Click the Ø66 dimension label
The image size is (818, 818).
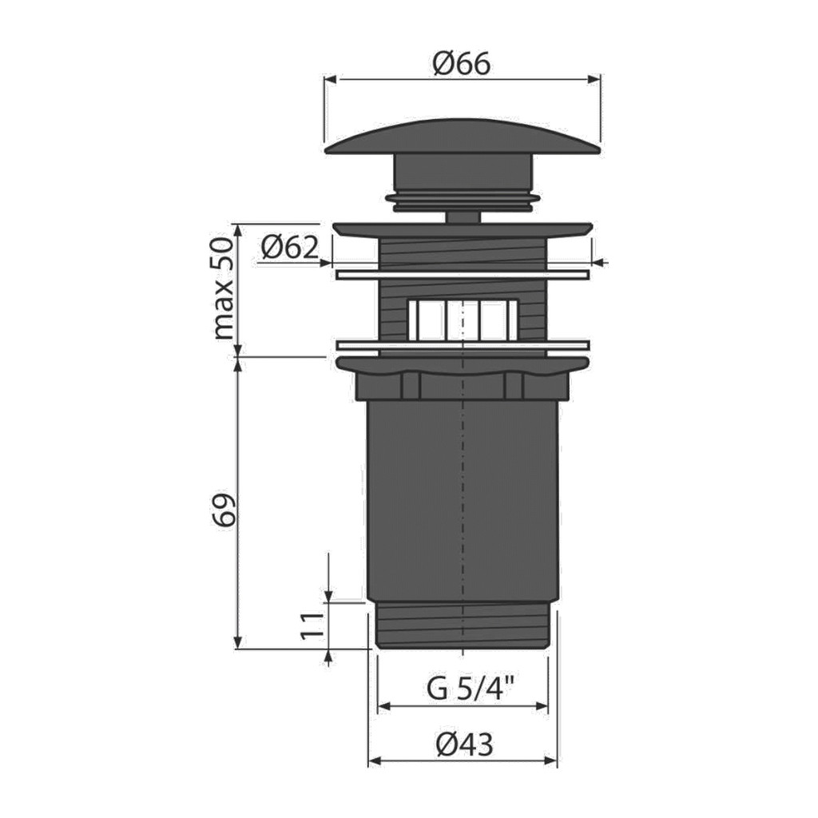pyautogui.click(x=462, y=65)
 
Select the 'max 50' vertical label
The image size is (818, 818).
pyautogui.click(x=224, y=288)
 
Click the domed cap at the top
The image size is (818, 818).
pyautogui.click(x=463, y=137)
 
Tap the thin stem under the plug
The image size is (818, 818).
pyautogui.click(x=463, y=217)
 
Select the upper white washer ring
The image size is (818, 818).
pyautogui.click(x=463, y=275)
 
